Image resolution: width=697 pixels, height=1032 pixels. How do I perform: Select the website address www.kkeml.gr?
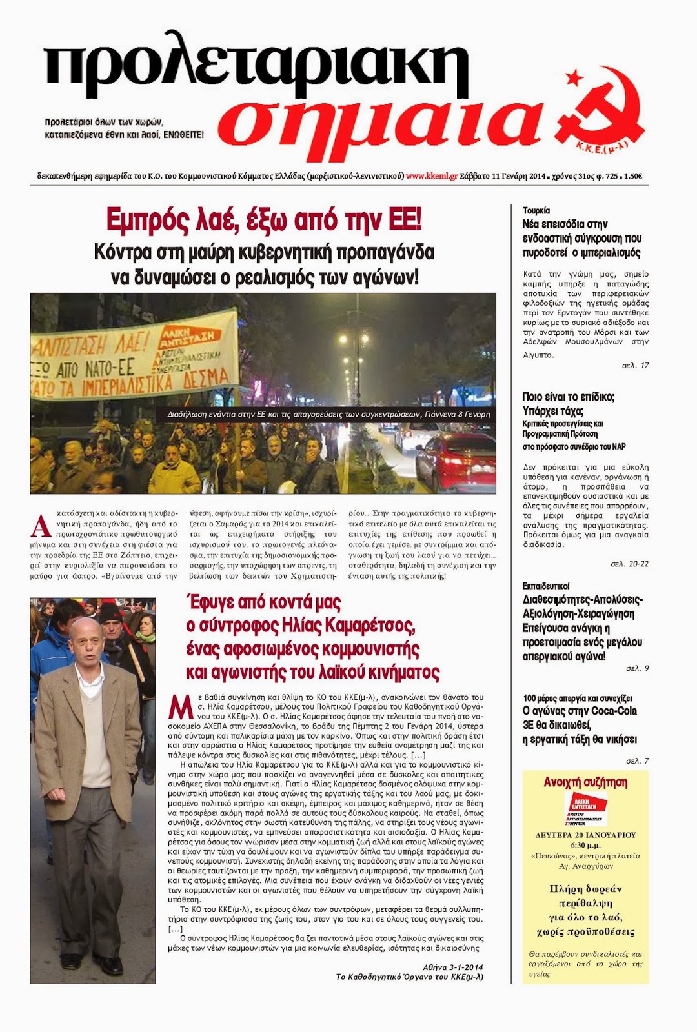pyautogui.click(x=432, y=175)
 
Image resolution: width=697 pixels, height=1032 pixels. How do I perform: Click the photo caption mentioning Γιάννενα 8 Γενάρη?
pyautogui.click(x=328, y=414)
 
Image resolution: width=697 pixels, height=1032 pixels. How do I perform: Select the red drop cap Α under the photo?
pyautogui.click(x=40, y=526)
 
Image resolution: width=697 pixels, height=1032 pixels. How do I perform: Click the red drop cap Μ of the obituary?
pyautogui.click(x=180, y=708)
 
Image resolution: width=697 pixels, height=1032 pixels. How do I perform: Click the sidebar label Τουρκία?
pyautogui.click(x=536, y=210)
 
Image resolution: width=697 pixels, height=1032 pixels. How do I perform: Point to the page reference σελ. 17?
pyautogui.click(x=635, y=365)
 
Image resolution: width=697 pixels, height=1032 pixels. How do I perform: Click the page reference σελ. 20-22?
pyautogui.click(x=629, y=564)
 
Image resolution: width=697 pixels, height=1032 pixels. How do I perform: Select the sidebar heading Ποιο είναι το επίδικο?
pyautogui.click(x=568, y=397)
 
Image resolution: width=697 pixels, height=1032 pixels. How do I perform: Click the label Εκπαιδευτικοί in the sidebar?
pyautogui.click(x=545, y=586)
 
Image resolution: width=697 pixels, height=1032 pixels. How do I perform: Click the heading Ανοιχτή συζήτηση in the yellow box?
pyautogui.click(x=585, y=782)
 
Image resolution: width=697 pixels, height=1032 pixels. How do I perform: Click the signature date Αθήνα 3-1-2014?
pyautogui.click(x=452, y=967)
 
